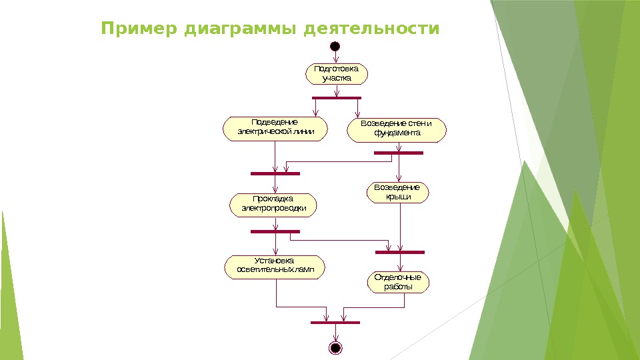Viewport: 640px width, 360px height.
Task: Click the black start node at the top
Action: point(335,46)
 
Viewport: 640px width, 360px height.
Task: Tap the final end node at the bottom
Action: point(335,348)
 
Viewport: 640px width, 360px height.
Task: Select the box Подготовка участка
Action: point(337,73)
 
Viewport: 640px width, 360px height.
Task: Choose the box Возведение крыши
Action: point(397,192)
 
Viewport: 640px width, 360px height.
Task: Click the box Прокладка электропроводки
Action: point(273,204)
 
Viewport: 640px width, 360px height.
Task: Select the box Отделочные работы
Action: point(398,282)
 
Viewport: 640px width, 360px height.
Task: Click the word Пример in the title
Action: point(139,30)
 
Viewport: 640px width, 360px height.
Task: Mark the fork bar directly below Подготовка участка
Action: point(336,99)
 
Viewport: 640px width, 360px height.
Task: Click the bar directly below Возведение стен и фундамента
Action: point(398,153)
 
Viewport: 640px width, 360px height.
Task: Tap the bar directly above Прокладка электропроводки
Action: point(275,173)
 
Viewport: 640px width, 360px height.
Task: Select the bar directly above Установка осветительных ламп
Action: point(275,232)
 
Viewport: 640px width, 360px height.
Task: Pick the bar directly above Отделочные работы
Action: point(399,252)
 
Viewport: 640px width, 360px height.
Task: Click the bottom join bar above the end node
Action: point(335,323)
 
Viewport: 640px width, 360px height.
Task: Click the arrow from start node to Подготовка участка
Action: point(335,57)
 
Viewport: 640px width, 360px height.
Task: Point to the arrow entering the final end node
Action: point(335,333)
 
